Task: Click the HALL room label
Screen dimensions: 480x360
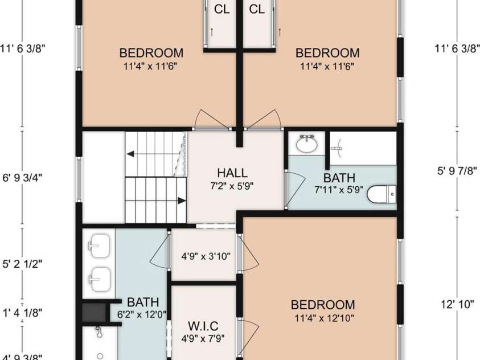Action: [232, 173]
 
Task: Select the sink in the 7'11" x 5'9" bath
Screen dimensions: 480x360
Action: [306, 144]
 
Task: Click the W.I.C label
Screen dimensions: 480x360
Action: [203, 326]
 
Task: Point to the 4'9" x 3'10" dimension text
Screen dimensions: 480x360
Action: [206, 256]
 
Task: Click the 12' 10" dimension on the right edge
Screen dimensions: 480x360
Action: [457, 304]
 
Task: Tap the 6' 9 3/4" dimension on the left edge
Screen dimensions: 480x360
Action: [22, 178]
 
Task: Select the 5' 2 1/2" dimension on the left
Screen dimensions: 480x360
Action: [22, 264]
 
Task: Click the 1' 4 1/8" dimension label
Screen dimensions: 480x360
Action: [22, 313]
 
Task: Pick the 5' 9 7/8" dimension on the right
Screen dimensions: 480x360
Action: [457, 171]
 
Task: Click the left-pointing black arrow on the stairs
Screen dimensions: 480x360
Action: [130, 154]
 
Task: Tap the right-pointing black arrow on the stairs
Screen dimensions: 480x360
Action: [182, 201]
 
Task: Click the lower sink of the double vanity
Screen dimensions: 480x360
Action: [99, 279]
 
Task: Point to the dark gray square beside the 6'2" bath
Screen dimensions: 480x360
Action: [94, 312]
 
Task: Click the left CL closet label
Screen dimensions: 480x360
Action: [222, 9]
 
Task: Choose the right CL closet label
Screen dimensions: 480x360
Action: [257, 9]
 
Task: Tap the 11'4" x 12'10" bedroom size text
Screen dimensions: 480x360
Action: [324, 318]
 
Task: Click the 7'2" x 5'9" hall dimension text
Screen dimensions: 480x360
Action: [232, 186]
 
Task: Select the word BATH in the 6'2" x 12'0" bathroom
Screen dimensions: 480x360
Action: [143, 302]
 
